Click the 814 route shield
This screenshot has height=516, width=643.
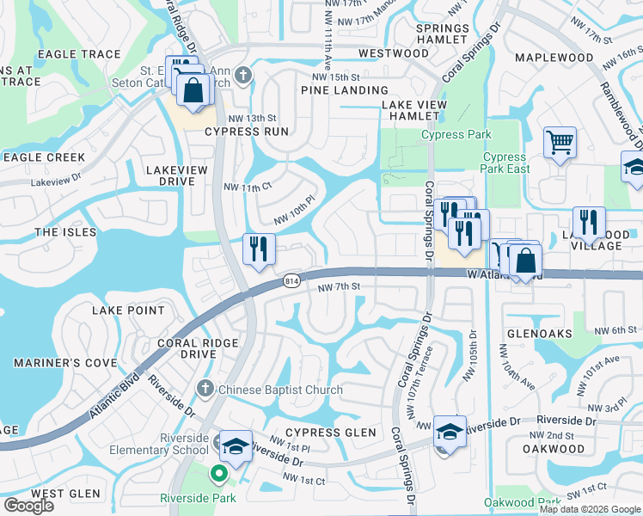pos(291,281)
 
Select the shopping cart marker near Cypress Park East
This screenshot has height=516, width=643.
pos(560,142)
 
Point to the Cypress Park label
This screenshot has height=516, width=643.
pos(456,134)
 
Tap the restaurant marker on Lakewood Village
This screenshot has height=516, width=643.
pos(589,222)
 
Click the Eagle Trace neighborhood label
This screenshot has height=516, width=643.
pos(80,54)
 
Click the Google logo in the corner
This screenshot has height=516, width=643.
pos(28,505)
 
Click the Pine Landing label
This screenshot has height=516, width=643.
pos(344,90)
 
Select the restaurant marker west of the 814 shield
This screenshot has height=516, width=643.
pos(259,249)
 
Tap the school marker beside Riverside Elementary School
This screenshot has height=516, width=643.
pos(235,445)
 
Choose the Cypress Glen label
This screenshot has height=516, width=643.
pos(331,432)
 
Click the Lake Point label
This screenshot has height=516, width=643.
pos(129,310)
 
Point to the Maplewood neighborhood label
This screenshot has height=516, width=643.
pos(554,58)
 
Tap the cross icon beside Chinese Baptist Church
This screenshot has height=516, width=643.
pos(205,390)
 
